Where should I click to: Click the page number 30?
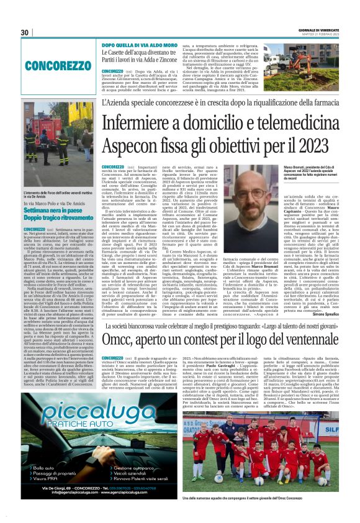[25, 32]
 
